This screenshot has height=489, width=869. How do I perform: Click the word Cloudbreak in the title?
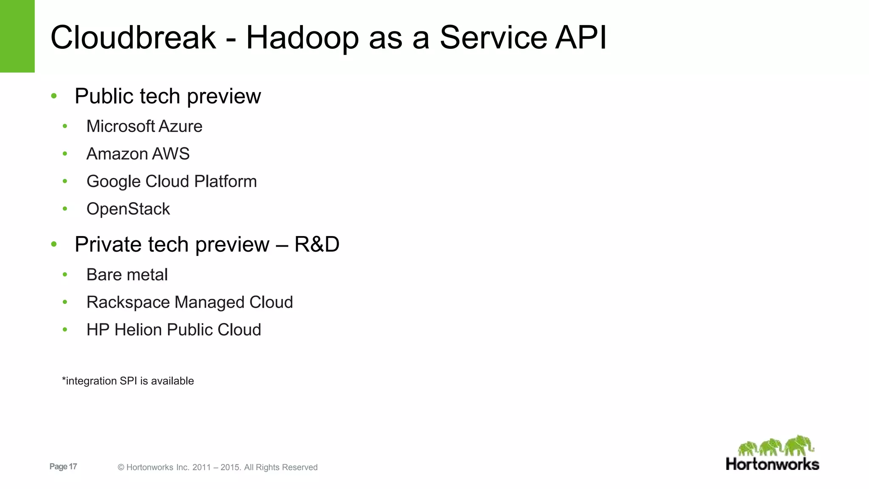[x=133, y=37]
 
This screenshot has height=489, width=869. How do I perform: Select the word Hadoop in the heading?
[x=302, y=38]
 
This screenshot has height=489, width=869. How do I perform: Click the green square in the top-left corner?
[x=17, y=36]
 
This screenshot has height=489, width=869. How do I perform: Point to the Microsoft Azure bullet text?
[x=144, y=126]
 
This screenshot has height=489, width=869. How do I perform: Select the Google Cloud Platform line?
[x=171, y=182]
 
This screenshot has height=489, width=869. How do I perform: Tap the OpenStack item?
[x=128, y=209]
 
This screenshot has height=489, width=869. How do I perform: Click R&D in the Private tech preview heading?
[x=317, y=244]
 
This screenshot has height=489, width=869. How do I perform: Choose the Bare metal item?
[x=127, y=275]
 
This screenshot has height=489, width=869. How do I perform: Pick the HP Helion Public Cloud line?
[x=174, y=330]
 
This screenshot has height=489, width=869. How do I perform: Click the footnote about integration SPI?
[x=128, y=381]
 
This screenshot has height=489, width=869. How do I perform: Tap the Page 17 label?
[x=63, y=467]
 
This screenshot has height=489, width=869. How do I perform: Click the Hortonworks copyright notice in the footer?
[x=218, y=467]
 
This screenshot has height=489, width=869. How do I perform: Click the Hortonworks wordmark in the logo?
[x=772, y=464]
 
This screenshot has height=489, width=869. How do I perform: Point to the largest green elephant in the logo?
[x=799, y=446]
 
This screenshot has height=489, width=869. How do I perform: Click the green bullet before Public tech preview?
[x=54, y=96]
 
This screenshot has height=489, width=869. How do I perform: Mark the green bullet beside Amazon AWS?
[x=65, y=154]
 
